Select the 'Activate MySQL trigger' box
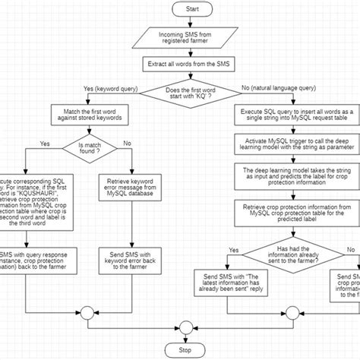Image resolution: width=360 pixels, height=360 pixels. pos(292,145)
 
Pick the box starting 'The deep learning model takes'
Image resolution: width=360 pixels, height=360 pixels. pos(292,176)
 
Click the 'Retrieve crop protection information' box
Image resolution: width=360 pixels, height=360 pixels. pos(292,212)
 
